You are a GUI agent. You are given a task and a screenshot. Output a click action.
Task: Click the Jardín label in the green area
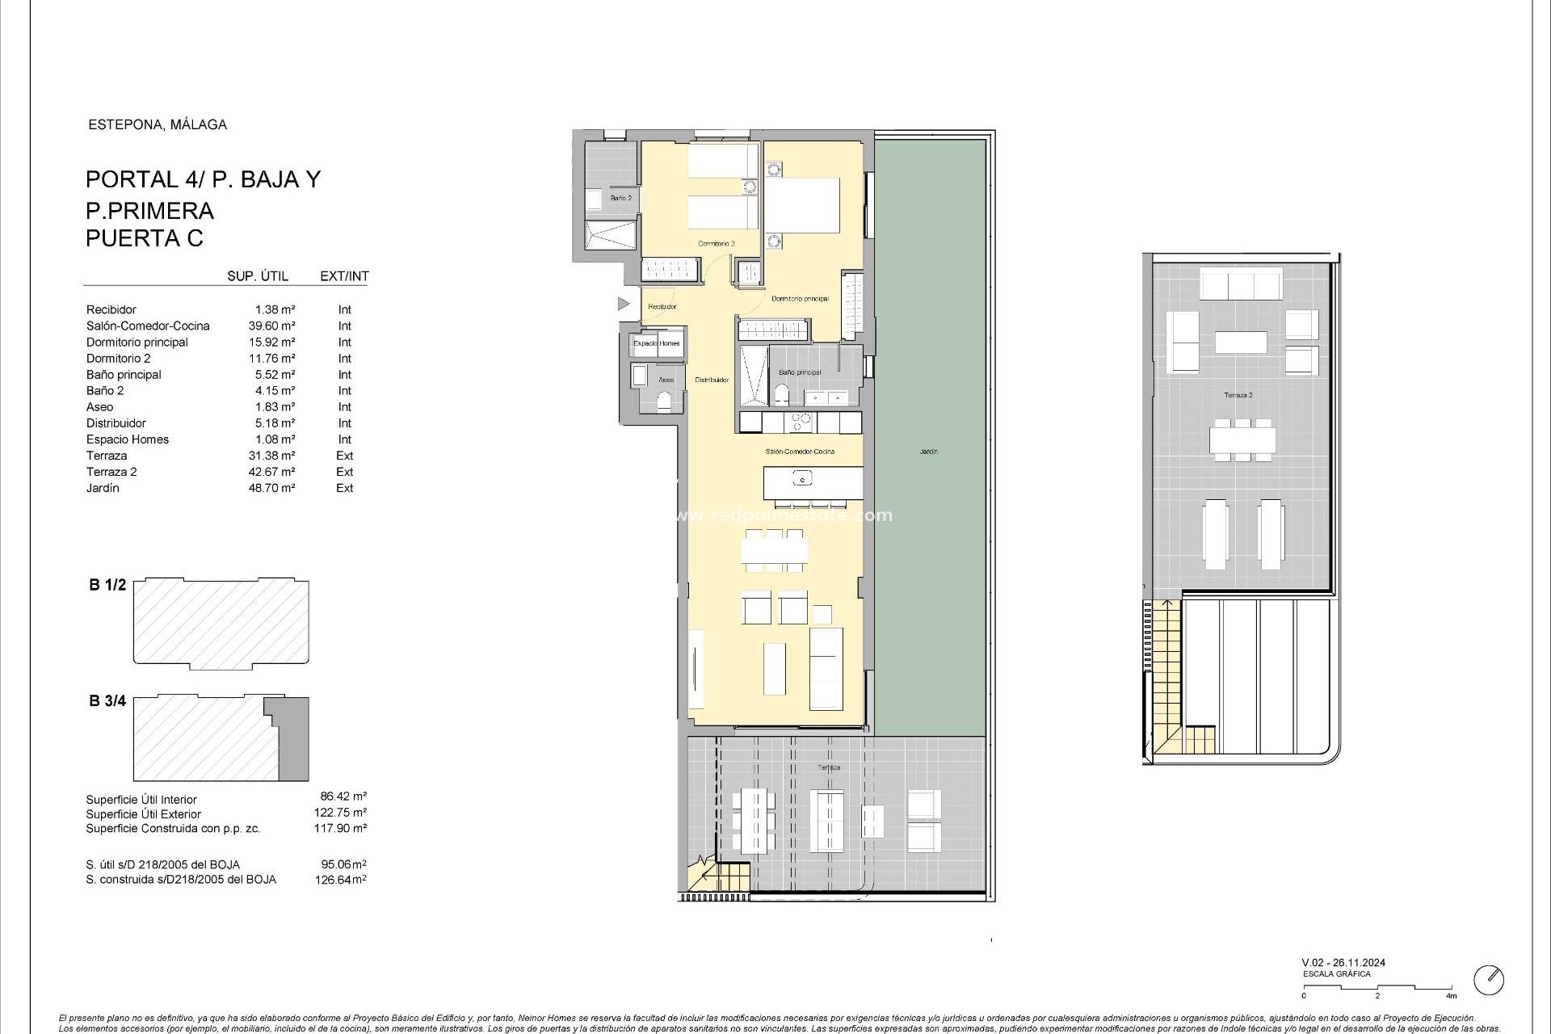(928, 452)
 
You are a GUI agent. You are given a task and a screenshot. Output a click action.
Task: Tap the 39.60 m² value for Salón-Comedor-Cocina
(271, 326)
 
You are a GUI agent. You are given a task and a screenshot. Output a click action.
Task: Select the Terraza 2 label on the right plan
(1238, 395)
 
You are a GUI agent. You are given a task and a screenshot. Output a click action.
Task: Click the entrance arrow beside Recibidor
(623, 304)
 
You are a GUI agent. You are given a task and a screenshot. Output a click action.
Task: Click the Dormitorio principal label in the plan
(800, 299)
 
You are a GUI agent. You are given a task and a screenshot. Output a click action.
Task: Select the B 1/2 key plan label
(107, 585)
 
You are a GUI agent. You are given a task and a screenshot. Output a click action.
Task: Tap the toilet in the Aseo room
(664, 401)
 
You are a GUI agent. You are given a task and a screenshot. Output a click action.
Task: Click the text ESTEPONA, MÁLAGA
(157, 124)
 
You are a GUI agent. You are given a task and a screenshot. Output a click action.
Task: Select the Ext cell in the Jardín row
(345, 488)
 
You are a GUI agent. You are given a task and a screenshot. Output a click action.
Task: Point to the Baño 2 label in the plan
(620, 198)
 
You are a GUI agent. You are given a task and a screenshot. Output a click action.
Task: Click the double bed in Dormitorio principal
(802, 205)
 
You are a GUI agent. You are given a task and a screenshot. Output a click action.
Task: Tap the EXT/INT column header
(344, 276)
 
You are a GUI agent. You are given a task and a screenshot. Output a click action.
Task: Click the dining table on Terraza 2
(1242, 440)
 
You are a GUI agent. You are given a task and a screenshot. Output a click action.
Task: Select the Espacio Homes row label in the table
(128, 439)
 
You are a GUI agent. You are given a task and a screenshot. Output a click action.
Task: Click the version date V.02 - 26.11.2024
(1343, 963)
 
